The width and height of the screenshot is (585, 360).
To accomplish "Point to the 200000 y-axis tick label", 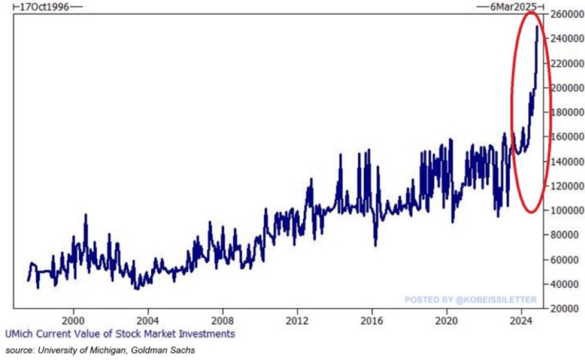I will tap(567, 87).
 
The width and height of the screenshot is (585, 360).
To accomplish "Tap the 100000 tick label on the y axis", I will tap(567, 210).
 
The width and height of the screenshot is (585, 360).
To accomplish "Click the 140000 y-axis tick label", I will tap(567, 161).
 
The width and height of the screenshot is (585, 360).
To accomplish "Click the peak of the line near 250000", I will tap(537, 26).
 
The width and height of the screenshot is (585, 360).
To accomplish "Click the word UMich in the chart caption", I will tap(19, 334).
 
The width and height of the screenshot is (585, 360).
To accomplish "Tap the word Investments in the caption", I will tap(207, 334).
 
